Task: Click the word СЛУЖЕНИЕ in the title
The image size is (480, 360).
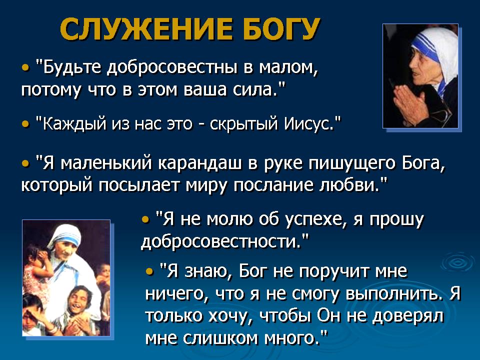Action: (x=146, y=29)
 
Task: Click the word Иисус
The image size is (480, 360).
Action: (x=308, y=123)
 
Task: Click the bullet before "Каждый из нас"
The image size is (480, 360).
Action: (x=25, y=124)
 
